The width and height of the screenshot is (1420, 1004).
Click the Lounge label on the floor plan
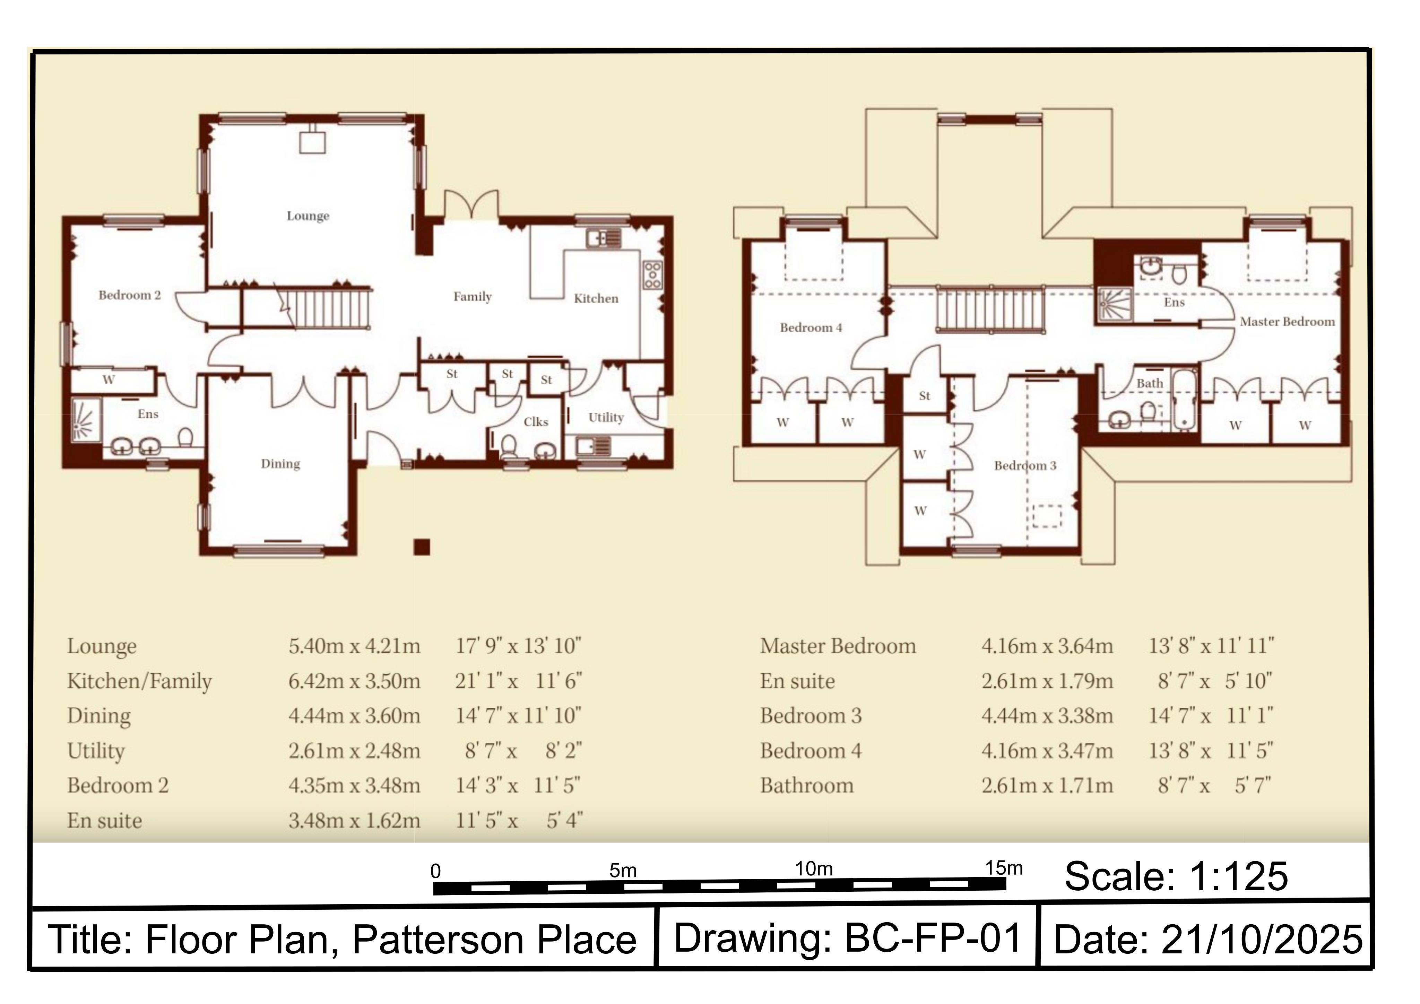coord(308,216)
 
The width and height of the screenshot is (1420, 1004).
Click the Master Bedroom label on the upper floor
coord(1287,322)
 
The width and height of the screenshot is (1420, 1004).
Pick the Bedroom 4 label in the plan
coord(811,328)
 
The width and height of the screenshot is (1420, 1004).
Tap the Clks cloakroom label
coord(536,422)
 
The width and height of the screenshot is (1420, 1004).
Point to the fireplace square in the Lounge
coord(312,142)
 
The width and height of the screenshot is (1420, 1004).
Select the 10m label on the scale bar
coord(814,868)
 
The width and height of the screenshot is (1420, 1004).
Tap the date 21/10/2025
coord(1262,940)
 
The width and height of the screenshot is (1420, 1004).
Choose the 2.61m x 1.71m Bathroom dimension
coord(1047,786)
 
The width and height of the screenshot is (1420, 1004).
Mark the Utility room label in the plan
coord(606,418)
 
